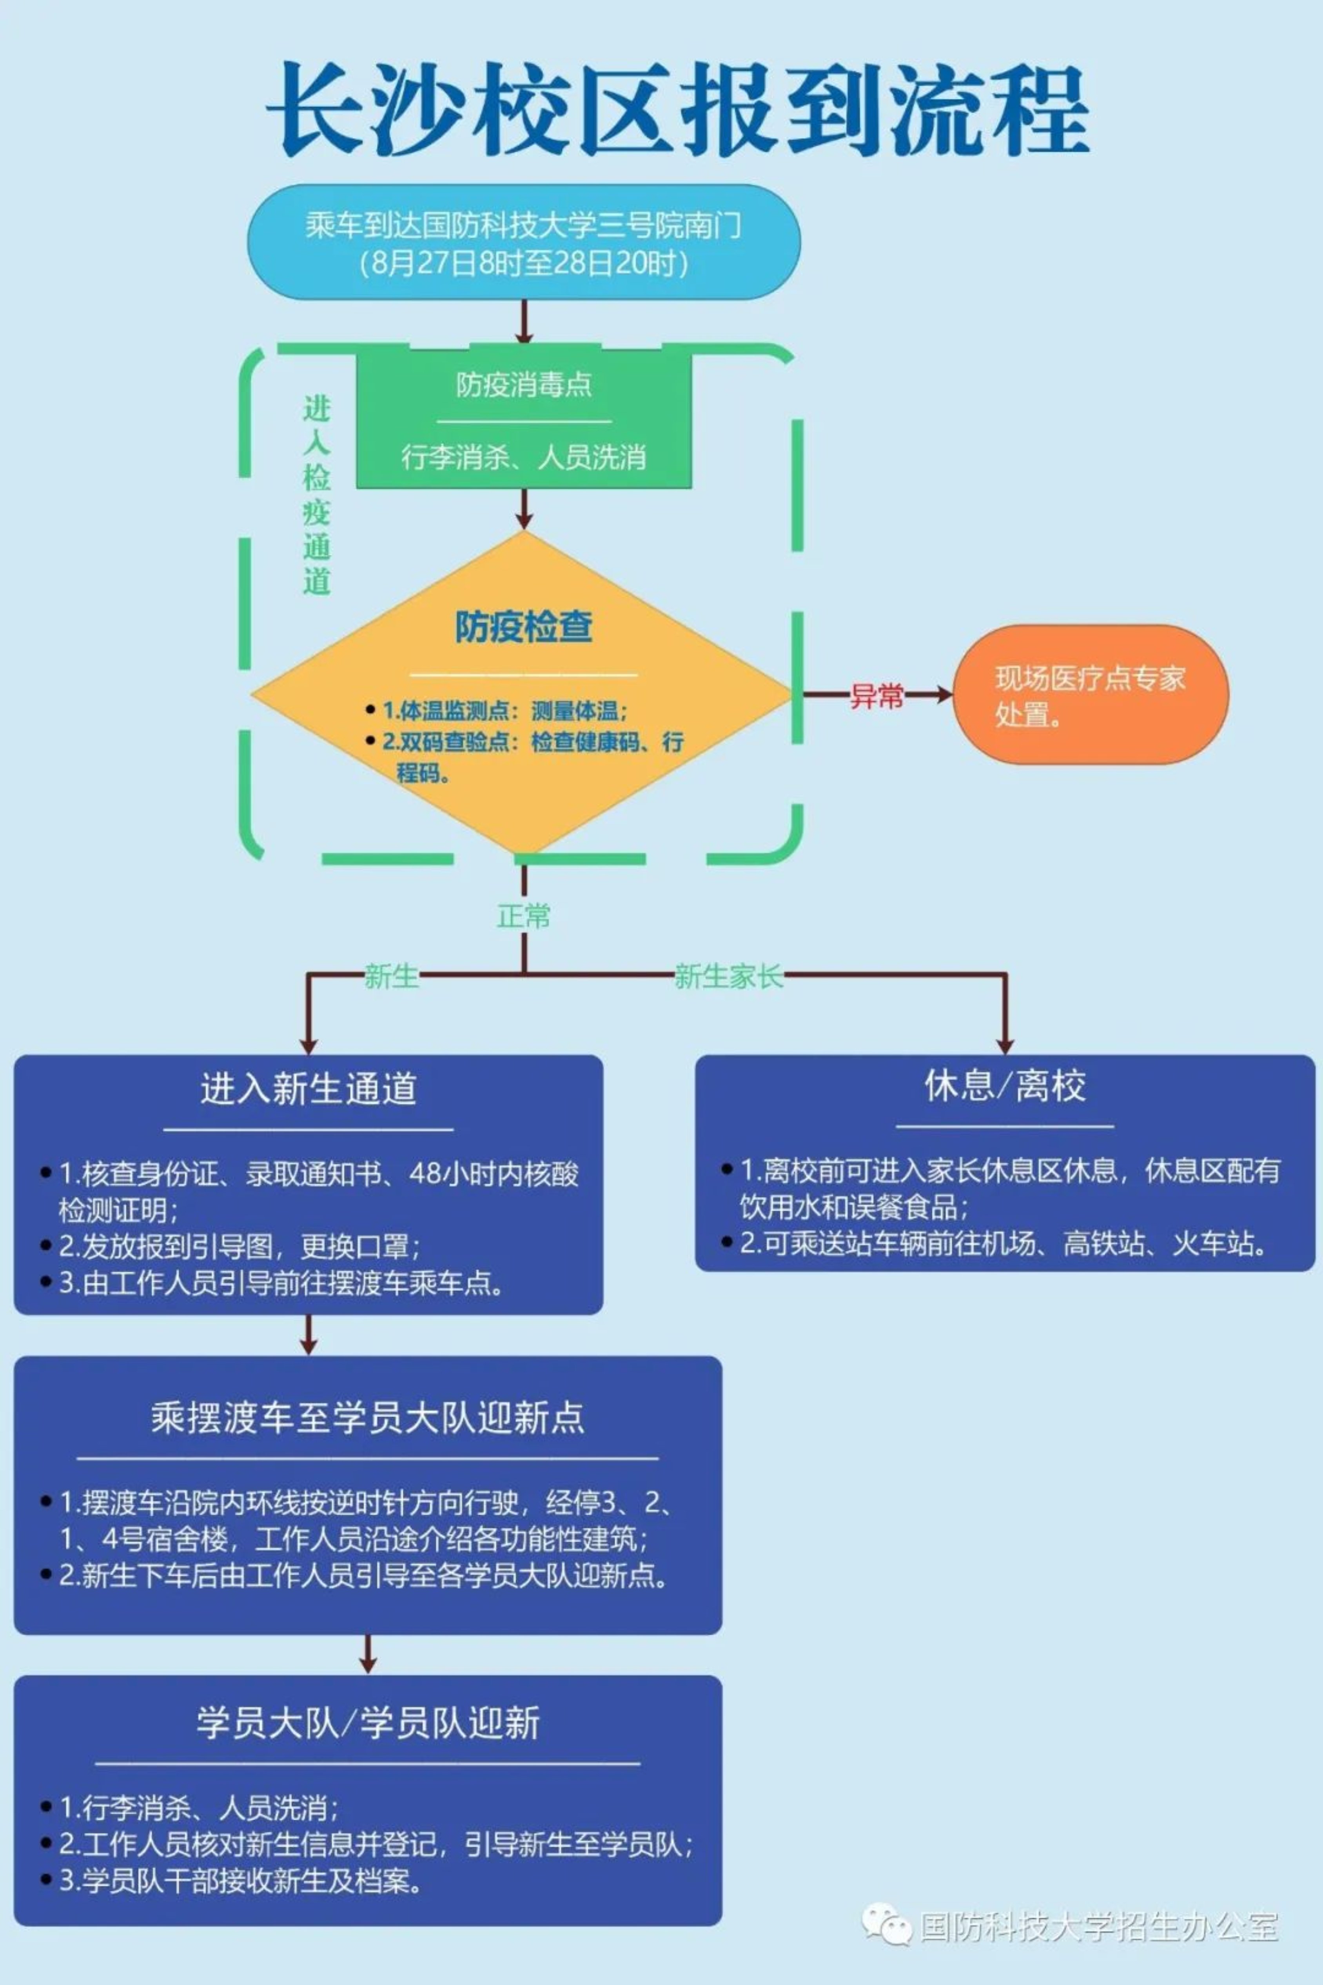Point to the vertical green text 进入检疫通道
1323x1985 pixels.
point(316,495)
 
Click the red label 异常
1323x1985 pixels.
point(876,696)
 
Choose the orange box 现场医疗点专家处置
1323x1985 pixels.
point(1090,695)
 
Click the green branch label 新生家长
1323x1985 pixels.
point(727,976)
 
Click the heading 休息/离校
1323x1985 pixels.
point(1004,1086)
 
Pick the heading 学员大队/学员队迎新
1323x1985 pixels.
point(368,1723)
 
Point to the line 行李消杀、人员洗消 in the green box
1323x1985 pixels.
point(524,457)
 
